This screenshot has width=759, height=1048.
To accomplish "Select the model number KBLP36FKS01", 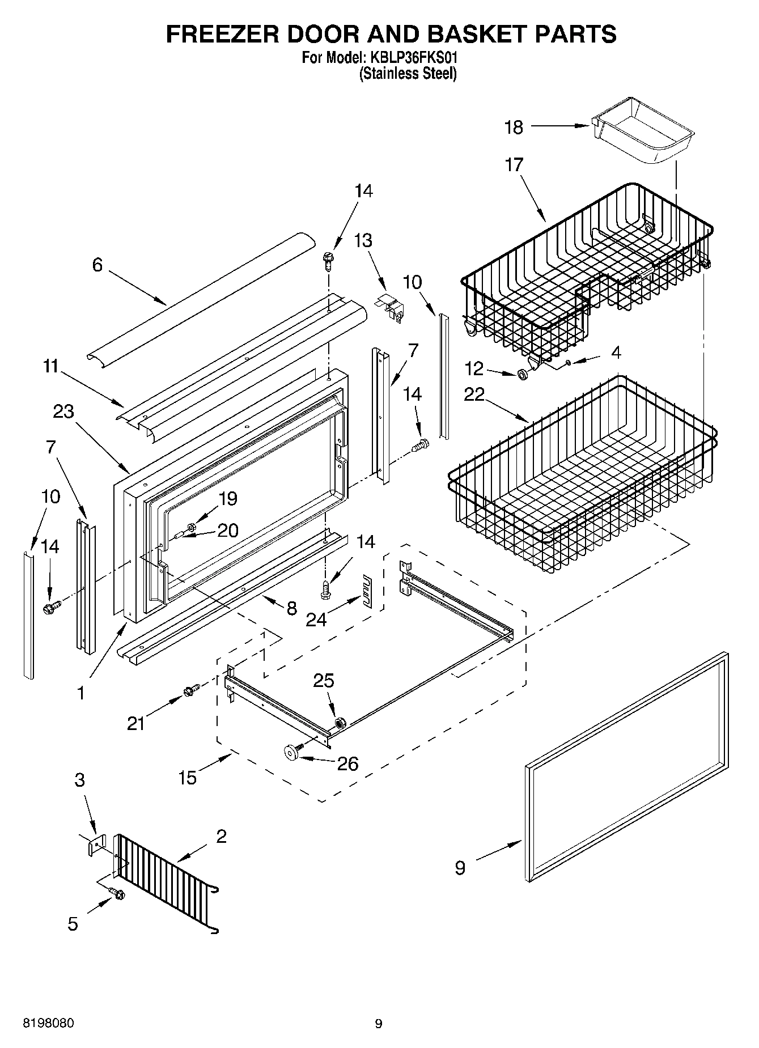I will [x=415, y=58].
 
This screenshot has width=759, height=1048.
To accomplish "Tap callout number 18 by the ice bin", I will [x=514, y=127].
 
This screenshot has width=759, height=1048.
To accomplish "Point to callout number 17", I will [x=514, y=165].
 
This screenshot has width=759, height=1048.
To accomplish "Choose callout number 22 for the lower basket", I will [x=474, y=394].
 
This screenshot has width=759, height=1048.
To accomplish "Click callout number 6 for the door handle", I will [x=97, y=264].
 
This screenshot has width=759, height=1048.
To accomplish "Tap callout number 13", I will [x=363, y=240].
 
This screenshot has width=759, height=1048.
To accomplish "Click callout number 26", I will [x=347, y=763].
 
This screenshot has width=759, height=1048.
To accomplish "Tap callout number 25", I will [x=324, y=680].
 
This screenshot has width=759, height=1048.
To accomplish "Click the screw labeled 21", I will [x=191, y=690].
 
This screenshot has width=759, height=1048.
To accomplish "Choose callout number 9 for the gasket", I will [x=460, y=867].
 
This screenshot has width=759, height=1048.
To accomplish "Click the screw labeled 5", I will [x=118, y=894].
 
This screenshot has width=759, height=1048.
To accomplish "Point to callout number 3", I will [x=79, y=780].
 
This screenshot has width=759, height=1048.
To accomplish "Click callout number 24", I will [x=316, y=620].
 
